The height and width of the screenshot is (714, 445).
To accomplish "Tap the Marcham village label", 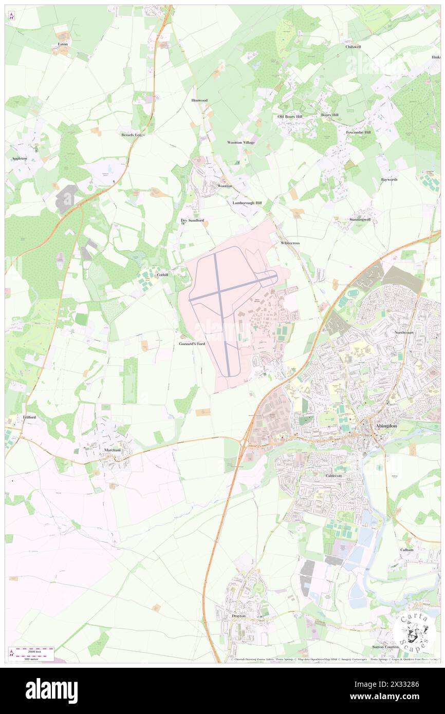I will [x=112, y=450].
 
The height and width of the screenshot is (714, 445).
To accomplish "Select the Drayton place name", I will [x=238, y=615].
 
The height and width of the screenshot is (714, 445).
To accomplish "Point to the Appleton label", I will [x=20, y=159].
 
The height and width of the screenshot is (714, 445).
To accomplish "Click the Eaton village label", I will [x=63, y=44].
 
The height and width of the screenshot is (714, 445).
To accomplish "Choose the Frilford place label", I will [x=29, y=417].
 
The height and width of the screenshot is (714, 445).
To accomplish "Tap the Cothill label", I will [x=162, y=275].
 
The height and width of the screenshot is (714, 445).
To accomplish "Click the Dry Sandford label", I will [x=192, y=220].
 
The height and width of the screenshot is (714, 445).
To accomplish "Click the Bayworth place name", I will [x=389, y=179].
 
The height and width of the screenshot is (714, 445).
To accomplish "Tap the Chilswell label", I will [x=353, y=47].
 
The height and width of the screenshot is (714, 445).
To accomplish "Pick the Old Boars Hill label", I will [x=290, y=117].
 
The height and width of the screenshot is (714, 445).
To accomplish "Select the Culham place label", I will [x=406, y=550].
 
